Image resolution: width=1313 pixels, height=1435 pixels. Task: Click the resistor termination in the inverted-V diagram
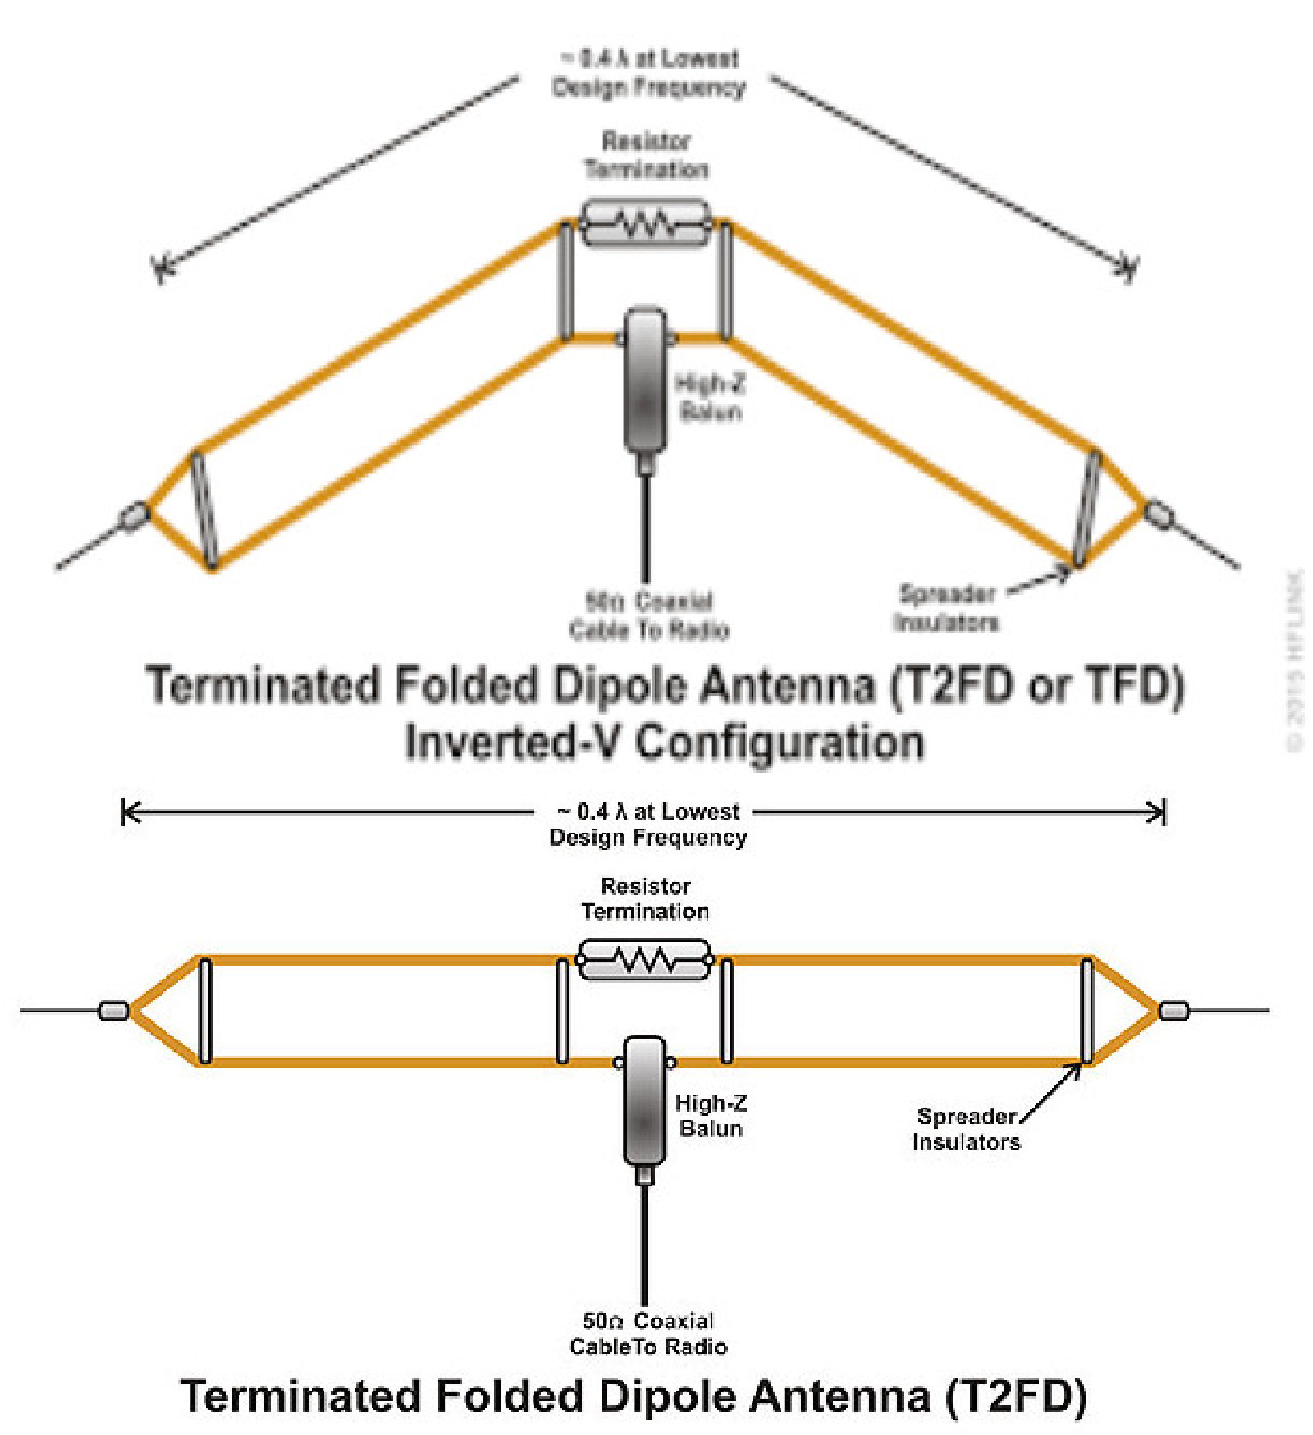pyautogui.click(x=645, y=222)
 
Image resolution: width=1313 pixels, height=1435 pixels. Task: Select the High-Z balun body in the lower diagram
pyautogui.click(x=645, y=1099)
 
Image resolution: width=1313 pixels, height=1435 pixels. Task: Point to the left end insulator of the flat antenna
pyautogui.click(x=113, y=1010)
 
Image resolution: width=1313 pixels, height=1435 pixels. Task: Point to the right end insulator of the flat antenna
pyautogui.click(x=1173, y=1010)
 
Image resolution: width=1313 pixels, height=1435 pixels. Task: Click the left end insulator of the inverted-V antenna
pyautogui.click(x=133, y=517)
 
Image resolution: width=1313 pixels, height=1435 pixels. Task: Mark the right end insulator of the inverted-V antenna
pyautogui.click(x=1159, y=514)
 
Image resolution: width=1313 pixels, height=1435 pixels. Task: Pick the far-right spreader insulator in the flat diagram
pyautogui.click(x=1087, y=1010)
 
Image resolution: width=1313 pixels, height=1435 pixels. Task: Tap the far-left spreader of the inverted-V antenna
pyautogui.click(x=204, y=509)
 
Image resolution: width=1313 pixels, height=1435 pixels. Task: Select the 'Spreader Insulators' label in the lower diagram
pyautogui.click(x=966, y=1129)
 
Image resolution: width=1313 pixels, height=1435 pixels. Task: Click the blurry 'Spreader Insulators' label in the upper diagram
pyautogui.click(x=946, y=608)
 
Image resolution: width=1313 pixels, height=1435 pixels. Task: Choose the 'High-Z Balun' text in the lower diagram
pyautogui.click(x=711, y=1115)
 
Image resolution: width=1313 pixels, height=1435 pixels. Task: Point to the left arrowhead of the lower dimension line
pyautogui.click(x=127, y=812)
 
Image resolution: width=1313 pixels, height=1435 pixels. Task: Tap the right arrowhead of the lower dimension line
pyautogui.click(x=1159, y=812)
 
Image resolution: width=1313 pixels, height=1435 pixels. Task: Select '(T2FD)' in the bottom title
pyautogui.click(x=1016, y=1396)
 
